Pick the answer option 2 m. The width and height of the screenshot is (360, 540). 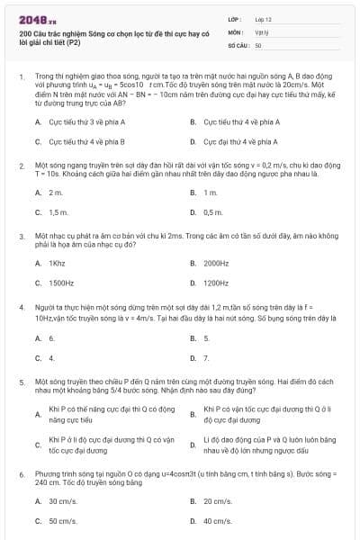click(56, 193)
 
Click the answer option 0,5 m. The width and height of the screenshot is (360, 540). click(212, 212)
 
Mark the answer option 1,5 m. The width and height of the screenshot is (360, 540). click(58, 212)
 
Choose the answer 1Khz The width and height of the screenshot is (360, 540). click(57, 264)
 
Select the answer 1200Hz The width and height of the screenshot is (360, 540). click(216, 283)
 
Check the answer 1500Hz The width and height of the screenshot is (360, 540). click(61, 283)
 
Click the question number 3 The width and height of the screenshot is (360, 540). click(21, 236)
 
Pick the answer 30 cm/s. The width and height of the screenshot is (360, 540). click(62, 500)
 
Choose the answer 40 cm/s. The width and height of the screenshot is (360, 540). click(218, 521)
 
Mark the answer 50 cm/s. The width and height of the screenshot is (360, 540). click(62, 521)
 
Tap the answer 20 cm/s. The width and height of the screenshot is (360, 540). click(218, 500)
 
